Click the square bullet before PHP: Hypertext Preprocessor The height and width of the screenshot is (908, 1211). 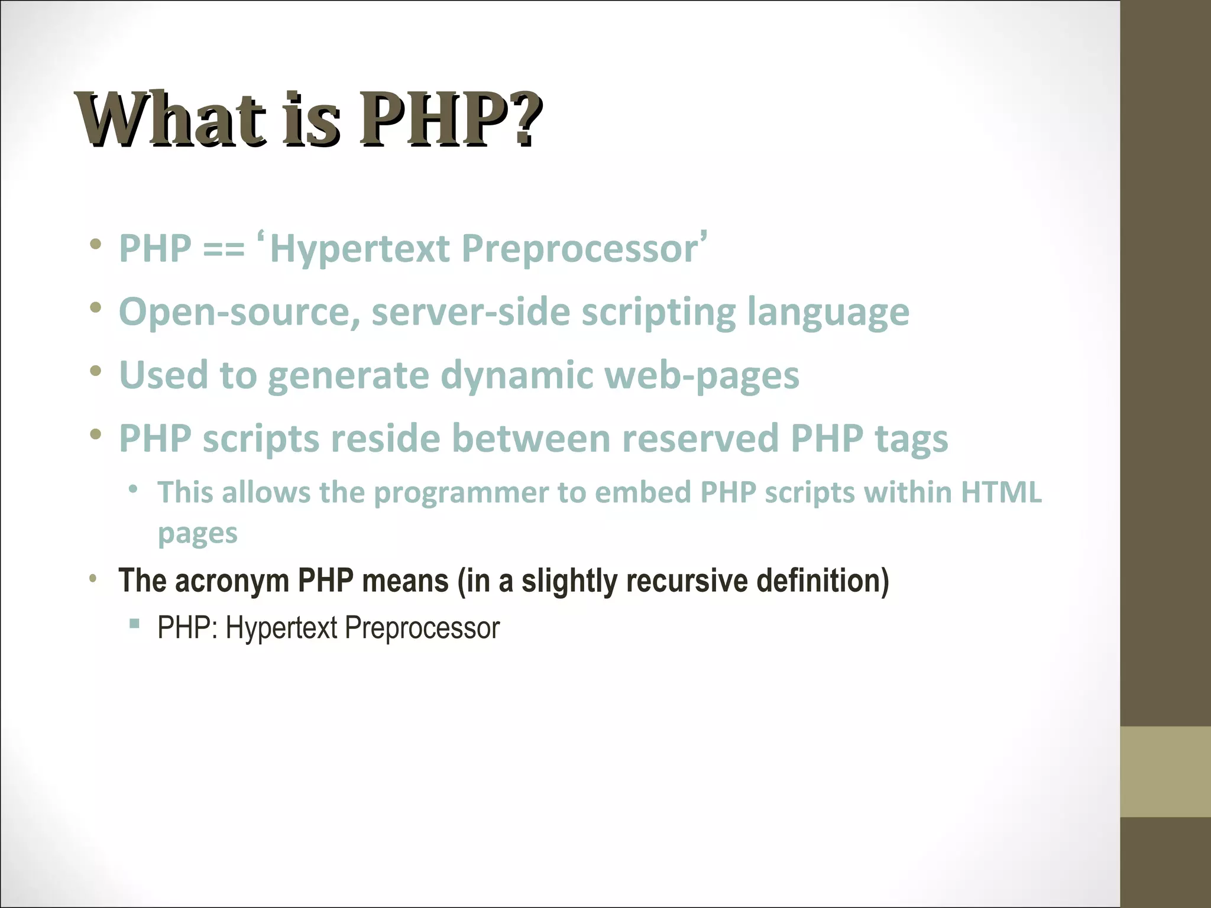click(x=134, y=623)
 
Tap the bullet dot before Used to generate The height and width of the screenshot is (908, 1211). click(x=96, y=371)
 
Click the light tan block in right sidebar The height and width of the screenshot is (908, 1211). click(x=1165, y=771)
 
